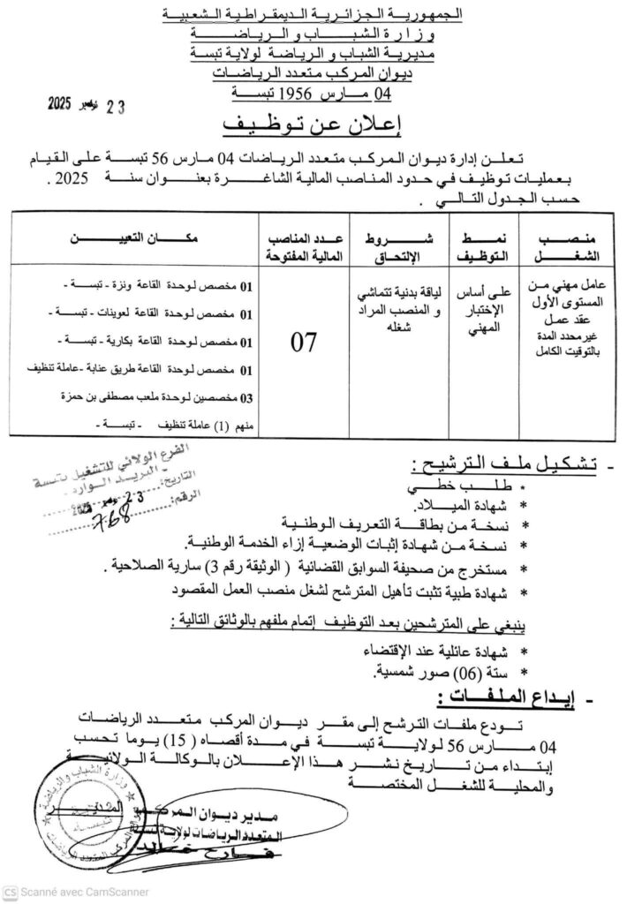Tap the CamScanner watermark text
point(76,892)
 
